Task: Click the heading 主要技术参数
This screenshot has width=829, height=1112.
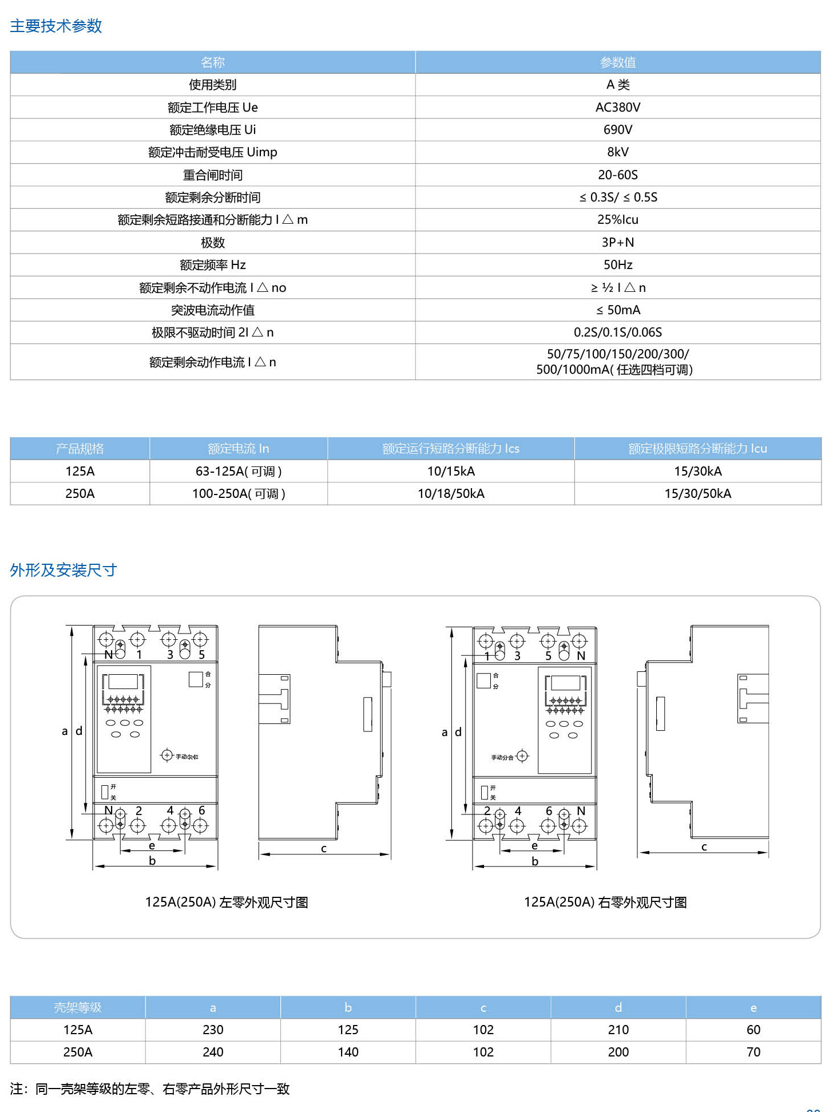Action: (56, 26)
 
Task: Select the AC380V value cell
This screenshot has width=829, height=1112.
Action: (618, 108)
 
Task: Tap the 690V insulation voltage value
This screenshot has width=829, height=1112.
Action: (618, 130)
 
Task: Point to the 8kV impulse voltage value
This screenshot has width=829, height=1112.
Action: (618, 152)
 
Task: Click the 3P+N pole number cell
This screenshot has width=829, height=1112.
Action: (618, 243)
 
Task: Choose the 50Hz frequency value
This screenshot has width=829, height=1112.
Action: (618, 265)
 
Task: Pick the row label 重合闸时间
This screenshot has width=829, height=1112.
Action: (213, 175)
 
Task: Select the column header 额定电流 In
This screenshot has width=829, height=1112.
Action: (238, 449)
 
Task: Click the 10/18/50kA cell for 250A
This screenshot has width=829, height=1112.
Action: (451, 494)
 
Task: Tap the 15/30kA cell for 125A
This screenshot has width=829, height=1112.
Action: (697, 472)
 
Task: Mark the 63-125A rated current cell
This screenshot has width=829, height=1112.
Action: (238, 472)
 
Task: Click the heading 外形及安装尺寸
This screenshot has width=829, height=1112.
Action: (64, 570)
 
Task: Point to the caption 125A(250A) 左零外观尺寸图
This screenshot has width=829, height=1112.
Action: (227, 903)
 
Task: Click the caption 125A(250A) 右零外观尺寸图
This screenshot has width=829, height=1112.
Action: (605, 903)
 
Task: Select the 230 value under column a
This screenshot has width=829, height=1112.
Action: (213, 1030)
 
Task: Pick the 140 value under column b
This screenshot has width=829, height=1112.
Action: (348, 1052)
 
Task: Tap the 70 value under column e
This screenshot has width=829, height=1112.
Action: (753, 1052)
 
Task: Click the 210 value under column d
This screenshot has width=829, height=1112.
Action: (618, 1030)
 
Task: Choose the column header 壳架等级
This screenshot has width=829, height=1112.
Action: (78, 1008)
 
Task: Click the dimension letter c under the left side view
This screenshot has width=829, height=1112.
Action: (324, 849)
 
